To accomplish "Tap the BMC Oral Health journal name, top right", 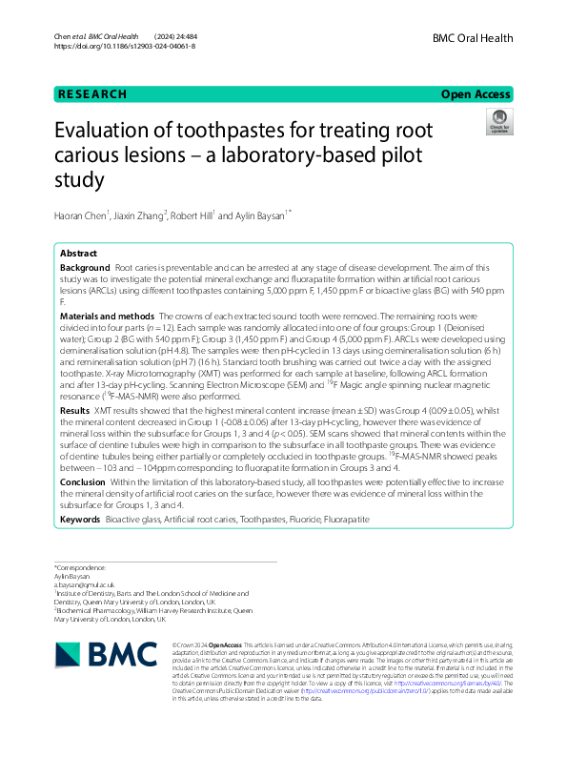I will tap(473, 38).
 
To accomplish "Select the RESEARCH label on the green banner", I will tap(92, 94).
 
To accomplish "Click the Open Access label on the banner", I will tap(476, 94).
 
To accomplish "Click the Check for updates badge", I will tap(498, 122).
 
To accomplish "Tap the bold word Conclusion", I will tap(83, 483).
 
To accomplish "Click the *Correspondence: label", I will tap(78, 567).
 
